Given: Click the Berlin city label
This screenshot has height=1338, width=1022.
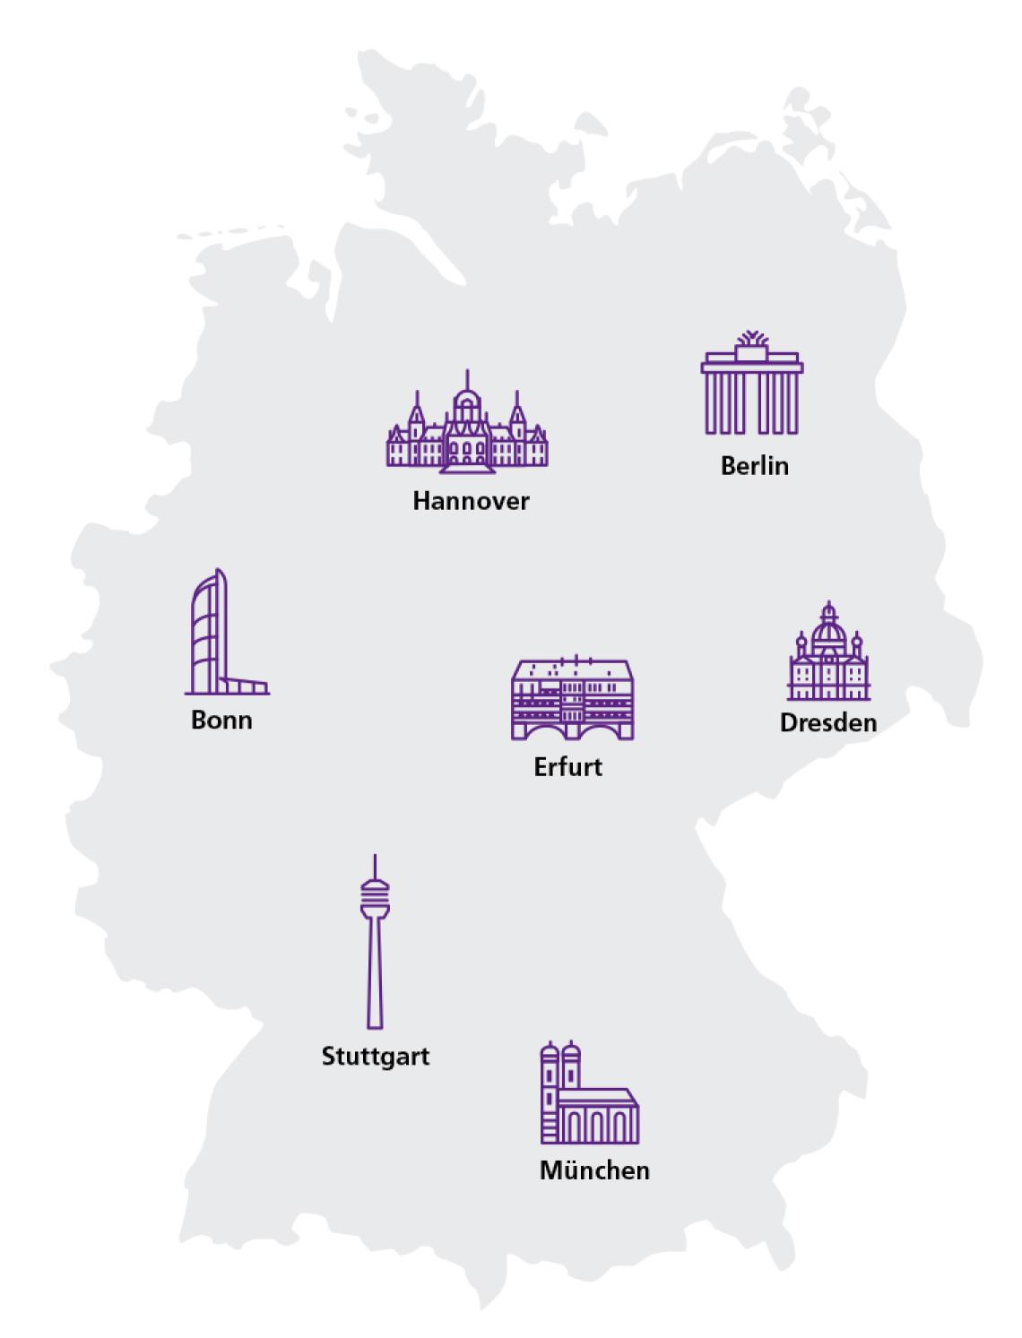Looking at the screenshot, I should [x=754, y=466].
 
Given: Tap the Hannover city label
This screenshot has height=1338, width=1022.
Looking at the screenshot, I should [x=471, y=500].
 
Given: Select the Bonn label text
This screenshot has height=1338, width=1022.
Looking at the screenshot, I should [x=221, y=721].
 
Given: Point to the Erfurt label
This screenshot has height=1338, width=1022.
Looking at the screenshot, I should [x=567, y=767].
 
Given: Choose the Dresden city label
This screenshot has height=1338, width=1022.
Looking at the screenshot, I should [x=828, y=722].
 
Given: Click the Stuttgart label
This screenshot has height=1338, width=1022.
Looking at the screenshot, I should [x=376, y=1057].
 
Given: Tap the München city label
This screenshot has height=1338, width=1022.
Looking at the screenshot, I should [x=594, y=1170].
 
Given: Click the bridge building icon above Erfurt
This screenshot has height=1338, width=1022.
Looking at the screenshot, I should [x=572, y=699].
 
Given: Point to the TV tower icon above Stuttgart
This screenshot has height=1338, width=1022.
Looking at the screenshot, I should [x=375, y=941].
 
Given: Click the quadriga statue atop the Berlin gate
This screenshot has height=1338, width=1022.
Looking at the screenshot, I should [x=752, y=342].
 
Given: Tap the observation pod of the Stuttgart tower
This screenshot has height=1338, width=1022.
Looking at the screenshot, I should [x=375, y=896].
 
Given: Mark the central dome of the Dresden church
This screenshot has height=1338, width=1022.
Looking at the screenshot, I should [x=829, y=632].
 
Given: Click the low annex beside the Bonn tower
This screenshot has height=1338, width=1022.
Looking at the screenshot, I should [x=246, y=686].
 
